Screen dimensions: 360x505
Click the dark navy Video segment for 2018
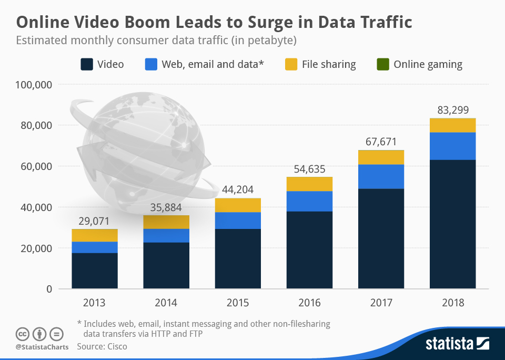pos(452,224)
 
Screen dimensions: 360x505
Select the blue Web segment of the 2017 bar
pos(381,176)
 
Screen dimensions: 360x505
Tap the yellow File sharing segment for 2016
pos(309,184)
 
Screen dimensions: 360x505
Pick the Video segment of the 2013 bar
pos(95,271)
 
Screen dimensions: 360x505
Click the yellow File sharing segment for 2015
pos(238,205)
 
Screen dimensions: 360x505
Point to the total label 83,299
pos(452,111)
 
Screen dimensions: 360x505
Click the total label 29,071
pos(95,221)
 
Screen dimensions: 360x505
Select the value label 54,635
pos(309,169)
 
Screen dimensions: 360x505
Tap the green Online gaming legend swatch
pos(382,65)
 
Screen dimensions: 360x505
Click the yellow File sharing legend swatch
pos(291,65)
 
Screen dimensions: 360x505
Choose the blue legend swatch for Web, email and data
pos(151,65)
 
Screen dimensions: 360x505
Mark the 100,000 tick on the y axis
pos(34,84)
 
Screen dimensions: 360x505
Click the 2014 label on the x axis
pos(166,303)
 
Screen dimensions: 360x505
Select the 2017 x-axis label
pos(381,303)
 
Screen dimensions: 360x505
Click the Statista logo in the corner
pos(457,344)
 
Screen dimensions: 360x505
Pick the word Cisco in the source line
pos(115,346)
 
